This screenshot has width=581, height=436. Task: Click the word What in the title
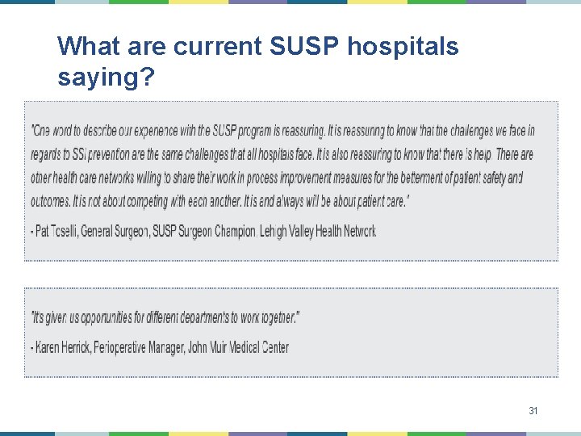[x=86, y=46]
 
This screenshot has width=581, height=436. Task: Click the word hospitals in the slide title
[x=403, y=46]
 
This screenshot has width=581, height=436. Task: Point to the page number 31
[x=533, y=411]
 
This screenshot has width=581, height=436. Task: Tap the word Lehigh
[x=277, y=232]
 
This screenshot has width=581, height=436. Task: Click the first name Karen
[x=49, y=348]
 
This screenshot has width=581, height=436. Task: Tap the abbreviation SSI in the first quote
[x=78, y=154]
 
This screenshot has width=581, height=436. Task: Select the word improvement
[x=287, y=178]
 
